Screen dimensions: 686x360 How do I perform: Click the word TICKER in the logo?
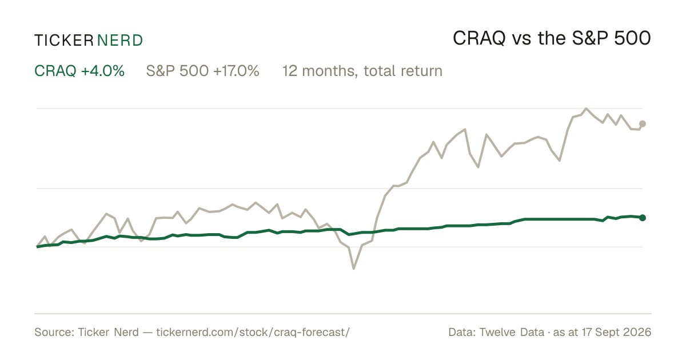[64, 41]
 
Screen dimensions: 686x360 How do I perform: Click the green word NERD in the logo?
[119, 41]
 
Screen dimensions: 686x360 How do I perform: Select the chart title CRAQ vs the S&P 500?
[552, 38]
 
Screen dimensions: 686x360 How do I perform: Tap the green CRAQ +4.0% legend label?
[79, 71]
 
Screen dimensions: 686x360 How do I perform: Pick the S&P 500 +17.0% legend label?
[203, 71]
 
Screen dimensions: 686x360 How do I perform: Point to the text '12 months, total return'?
[362, 71]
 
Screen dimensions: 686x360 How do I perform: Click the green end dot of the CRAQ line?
[643, 218]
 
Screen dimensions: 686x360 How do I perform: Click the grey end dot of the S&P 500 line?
[643, 123]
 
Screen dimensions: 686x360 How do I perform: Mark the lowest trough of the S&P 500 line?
[354, 269]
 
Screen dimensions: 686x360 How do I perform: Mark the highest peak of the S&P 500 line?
[586, 109]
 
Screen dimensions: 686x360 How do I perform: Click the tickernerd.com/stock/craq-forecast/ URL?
[253, 332]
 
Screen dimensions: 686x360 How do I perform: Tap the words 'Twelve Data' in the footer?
[512, 332]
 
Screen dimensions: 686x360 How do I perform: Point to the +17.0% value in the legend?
[236, 71]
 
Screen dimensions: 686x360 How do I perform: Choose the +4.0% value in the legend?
[102, 71]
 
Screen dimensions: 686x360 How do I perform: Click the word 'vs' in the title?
[521, 40]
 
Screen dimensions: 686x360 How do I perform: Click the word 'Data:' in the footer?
[462, 332]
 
